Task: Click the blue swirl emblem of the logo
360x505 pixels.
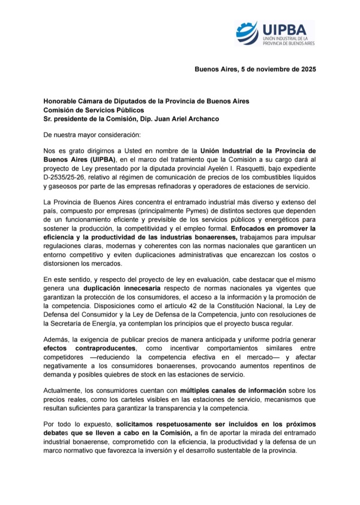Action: pos(247,32)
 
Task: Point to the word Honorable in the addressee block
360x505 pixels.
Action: pos(61,100)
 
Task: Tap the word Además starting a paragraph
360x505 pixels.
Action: pos(57,339)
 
